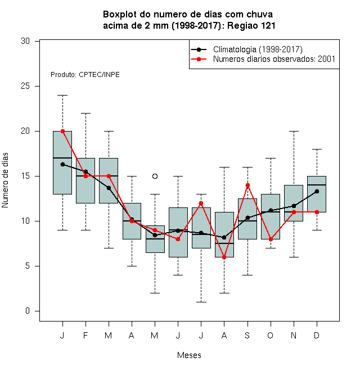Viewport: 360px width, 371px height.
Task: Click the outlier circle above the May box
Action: [x=155, y=177]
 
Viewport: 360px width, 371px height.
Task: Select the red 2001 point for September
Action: [x=247, y=185]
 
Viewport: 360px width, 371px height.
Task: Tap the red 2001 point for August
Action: [x=224, y=257]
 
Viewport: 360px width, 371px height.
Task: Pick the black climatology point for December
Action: [x=317, y=192]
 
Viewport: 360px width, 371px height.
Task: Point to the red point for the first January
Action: [x=63, y=132]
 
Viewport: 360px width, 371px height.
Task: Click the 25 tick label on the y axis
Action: [x=25, y=86]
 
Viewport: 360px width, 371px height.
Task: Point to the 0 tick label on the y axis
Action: [x=28, y=311]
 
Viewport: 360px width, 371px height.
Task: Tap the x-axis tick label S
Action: [x=247, y=336]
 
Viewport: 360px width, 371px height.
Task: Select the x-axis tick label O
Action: [x=271, y=336]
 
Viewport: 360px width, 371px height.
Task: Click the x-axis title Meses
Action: [x=189, y=355]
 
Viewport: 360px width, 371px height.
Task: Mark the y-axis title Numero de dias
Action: [x=5, y=180]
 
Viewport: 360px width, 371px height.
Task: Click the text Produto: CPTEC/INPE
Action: [x=85, y=75]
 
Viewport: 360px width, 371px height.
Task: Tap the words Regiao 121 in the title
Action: [x=251, y=26]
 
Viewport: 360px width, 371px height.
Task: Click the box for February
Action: [x=85, y=180]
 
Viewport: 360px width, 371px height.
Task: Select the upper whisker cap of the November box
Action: [x=294, y=131]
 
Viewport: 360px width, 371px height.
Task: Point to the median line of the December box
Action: [x=317, y=185]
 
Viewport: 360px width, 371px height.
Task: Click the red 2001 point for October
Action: [x=271, y=239]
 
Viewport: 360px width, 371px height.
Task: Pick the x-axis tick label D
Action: [x=317, y=336]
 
